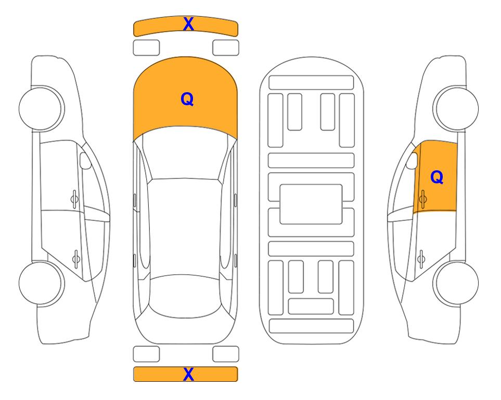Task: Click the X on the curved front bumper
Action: tap(188, 24)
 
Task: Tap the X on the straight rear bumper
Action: tap(188, 374)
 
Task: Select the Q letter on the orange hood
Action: tap(187, 99)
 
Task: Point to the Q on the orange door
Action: tap(437, 177)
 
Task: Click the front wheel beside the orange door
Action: tap(456, 108)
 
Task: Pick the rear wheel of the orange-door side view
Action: tap(456, 283)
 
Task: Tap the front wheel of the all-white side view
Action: tap(42, 108)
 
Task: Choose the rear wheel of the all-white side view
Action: tap(42, 283)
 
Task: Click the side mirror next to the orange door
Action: tap(412, 160)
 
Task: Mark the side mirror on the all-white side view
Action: tap(85, 160)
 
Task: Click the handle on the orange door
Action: tap(423, 199)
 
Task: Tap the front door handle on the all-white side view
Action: tap(74, 199)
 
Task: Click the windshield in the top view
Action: tap(185, 153)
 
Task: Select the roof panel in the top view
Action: tap(185, 228)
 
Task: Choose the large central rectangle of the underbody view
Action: tap(311, 204)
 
